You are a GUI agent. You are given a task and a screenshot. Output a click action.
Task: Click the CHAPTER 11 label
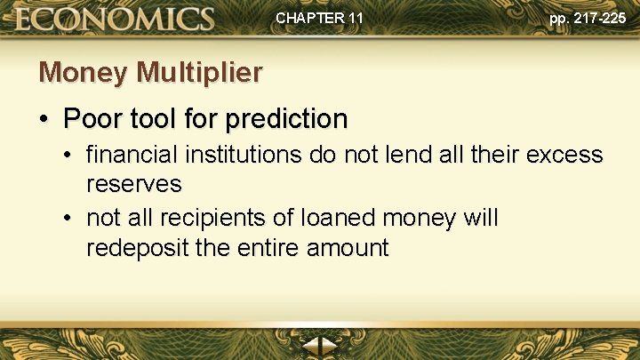[x=319, y=18]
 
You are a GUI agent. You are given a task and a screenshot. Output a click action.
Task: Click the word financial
[x=132, y=156]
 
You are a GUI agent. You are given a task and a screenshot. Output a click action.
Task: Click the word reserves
[x=133, y=185]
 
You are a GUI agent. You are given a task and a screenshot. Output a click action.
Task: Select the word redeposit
[x=137, y=247]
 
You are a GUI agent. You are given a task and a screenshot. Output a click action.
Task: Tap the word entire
[x=268, y=247]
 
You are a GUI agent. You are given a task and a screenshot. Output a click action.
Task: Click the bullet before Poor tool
[x=44, y=119]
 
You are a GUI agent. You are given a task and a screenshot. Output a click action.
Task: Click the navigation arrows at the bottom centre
[x=319, y=348]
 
